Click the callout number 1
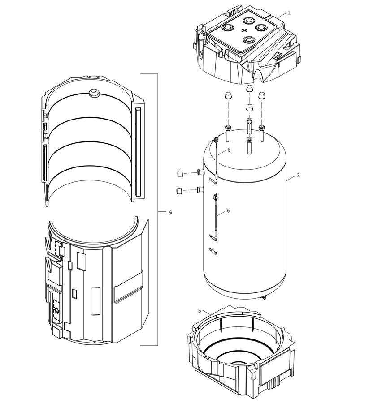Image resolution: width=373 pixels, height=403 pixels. (x=289, y=13)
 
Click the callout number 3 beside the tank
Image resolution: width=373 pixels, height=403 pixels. (x=298, y=176)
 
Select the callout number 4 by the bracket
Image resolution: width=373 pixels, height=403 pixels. (x=170, y=212)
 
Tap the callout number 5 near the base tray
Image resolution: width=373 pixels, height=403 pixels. (x=200, y=311)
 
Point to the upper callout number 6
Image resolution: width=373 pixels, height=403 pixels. (x=229, y=150)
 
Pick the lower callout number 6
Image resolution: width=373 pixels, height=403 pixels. (x=228, y=211)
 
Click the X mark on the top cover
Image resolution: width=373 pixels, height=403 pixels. (x=244, y=30)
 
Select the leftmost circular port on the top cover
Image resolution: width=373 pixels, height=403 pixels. (x=228, y=27)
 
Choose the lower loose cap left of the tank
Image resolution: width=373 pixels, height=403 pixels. (x=180, y=190)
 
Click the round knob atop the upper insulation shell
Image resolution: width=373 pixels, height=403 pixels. (x=94, y=93)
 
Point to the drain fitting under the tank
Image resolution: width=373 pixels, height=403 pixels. (x=264, y=297)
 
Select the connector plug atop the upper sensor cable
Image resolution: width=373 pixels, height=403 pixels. (x=217, y=140)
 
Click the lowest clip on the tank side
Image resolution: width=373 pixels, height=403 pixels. (x=213, y=251)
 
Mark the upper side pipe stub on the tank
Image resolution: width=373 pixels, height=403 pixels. (x=200, y=171)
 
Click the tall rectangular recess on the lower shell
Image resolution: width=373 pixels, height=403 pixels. (x=95, y=301)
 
